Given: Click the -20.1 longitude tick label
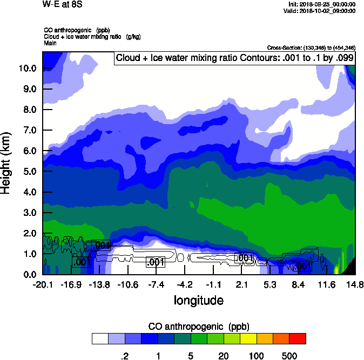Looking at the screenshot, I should coord(43,284).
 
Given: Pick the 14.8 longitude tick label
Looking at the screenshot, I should coord(355,284).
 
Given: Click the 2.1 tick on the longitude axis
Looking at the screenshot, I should coord(241,284).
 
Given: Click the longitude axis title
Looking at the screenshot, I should coord(199,300).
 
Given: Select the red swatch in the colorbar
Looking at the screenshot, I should coord(298,338).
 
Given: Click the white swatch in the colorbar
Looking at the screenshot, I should coord(100,338).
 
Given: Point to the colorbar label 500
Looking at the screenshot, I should coord(289,356).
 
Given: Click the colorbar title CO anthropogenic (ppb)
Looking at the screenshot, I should coord(199,327).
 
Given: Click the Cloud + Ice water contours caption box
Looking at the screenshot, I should coord(234,58).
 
